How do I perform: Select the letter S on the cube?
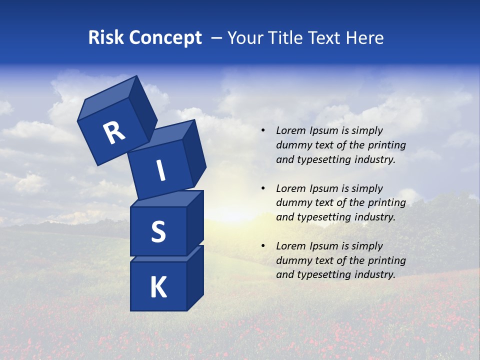[x=158, y=231]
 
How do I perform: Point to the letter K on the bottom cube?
[x=158, y=287]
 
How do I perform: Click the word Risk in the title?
[x=106, y=38]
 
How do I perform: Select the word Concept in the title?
[x=165, y=38]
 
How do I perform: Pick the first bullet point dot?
[x=263, y=131]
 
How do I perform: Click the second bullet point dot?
[x=263, y=188]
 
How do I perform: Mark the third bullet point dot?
[x=263, y=246]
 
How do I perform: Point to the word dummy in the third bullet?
[x=292, y=260]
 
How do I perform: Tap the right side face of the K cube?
[x=195, y=277]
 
